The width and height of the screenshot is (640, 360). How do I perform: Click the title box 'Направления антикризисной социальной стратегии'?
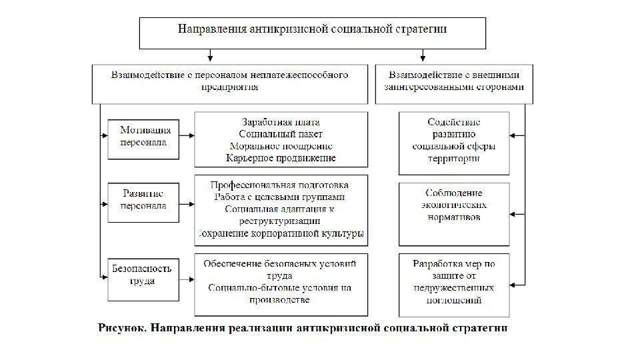tap(312, 31)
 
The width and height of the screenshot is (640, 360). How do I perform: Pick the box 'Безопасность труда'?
tap(143, 275)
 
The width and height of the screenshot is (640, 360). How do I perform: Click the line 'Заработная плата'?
tap(281, 122)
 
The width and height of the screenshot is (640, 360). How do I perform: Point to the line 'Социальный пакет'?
tap(281, 134)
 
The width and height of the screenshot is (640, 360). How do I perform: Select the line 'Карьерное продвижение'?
tap(281, 158)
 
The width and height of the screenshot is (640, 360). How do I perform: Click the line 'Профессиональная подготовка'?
tap(281, 185)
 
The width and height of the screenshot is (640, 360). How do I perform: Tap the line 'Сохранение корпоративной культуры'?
tap(281, 233)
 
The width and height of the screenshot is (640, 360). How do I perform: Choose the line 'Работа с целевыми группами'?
tap(281, 197)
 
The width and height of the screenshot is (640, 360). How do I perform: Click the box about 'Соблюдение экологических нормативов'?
tap(454, 205)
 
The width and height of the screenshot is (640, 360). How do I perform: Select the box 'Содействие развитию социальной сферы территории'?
tap(454, 141)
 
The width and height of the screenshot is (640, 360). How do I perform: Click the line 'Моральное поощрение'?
tap(281, 146)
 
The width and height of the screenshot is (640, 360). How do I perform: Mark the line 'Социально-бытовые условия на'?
tap(281, 288)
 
